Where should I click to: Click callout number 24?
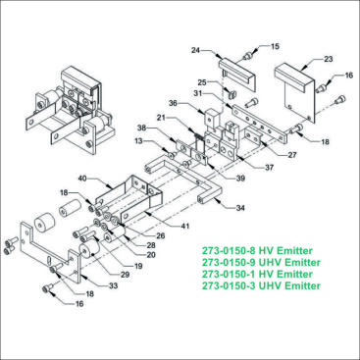pyautogui.click(x=195, y=49)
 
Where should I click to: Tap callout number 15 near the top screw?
pyautogui.click(x=275, y=45)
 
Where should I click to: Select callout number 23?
pyautogui.click(x=328, y=59)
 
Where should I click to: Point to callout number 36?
pyautogui.click(x=173, y=103)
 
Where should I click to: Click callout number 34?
pyautogui.click(x=238, y=208)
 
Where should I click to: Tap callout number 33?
pyautogui.click(x=113, y=285)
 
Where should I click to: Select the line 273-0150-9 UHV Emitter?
pyautogui.click(x=260, y=262)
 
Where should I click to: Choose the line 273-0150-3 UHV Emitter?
pyautogui.click(x=260, y=286)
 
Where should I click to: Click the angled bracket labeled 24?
pyautogui.click(x=232, y=71)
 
